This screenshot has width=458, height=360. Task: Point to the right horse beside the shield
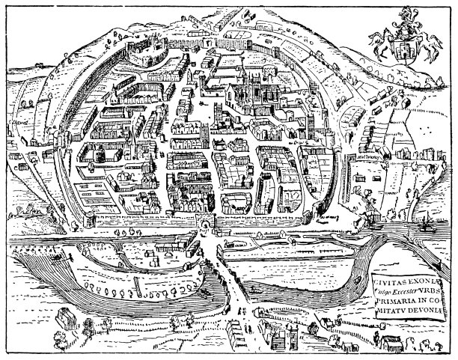coord(424,45)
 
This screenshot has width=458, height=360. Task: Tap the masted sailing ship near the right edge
coord(424,223)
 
